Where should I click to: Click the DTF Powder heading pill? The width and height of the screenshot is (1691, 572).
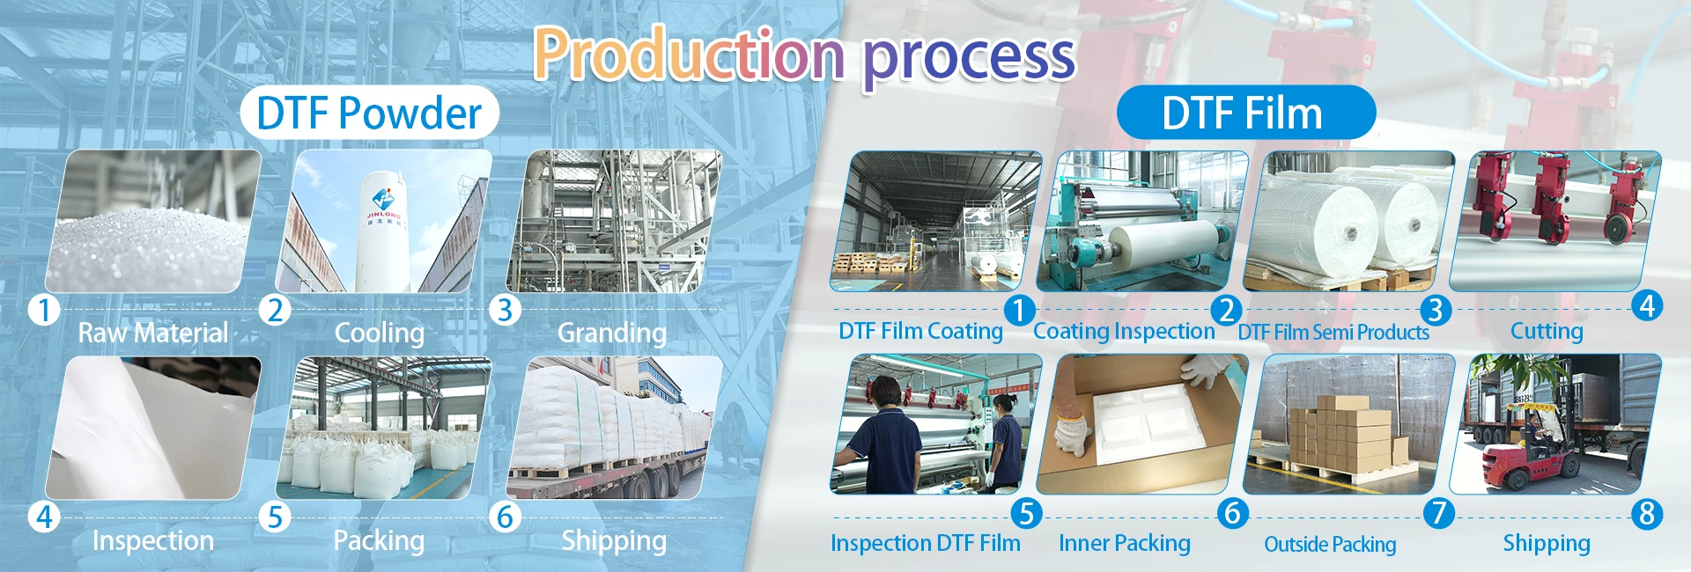[x=370, y=113]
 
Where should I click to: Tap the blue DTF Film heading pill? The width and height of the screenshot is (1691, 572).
[x=1245, y=113]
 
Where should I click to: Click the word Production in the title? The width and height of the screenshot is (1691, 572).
[x=689, y=55]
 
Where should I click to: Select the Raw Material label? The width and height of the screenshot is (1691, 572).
[x=153, y=333]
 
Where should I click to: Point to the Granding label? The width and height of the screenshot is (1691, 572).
[x=612, y=333]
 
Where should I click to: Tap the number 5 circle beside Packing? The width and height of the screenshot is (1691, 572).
[x=276, y=517]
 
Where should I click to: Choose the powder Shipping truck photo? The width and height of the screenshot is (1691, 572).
[x=614, y=428]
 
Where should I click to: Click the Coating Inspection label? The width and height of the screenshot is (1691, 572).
[x=1124, y=331]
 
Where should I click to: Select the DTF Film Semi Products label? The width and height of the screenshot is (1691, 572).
[x=1333, y=332]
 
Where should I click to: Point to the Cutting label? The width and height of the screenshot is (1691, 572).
[x=1547, y=331]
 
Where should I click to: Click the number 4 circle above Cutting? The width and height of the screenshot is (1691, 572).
[x=1647, y=306]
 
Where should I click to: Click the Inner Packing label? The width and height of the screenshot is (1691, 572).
[x=1125, y=543]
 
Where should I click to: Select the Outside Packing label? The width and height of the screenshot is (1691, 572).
[x=1330, y=544]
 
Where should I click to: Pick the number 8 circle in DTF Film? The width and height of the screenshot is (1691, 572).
[x=1647, y=514]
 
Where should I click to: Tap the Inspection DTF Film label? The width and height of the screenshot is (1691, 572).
[x=926, y=543]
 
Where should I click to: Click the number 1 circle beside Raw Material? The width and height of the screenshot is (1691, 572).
[x=44, y=310]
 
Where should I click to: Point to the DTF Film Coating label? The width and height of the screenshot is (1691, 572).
[x=920, y=331]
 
